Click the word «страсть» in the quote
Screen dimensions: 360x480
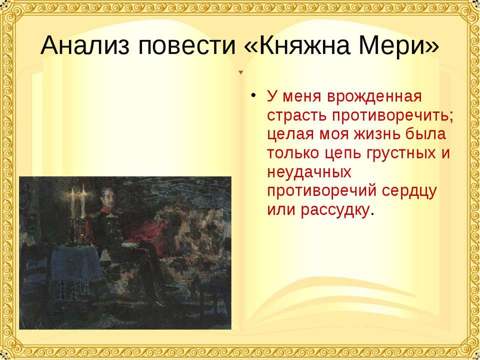(x=294, y=114)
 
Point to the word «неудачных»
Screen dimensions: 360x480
(x=308, y=172)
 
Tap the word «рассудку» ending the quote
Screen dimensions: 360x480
(x=335, y=210)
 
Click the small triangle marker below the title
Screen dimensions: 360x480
(x=240, y=72)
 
